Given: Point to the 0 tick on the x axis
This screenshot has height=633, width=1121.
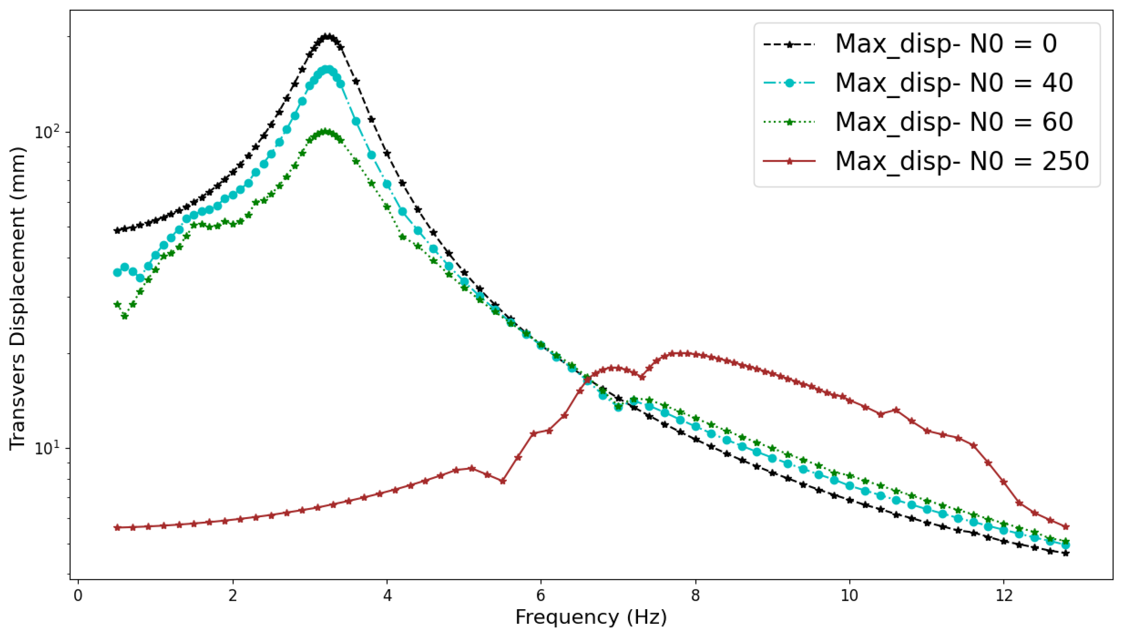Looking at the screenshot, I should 78,595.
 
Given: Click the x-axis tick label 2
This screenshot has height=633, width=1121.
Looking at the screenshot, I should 233,595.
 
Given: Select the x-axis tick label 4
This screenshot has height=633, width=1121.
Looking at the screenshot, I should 387,595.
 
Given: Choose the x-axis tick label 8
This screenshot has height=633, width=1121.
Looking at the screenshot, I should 695,595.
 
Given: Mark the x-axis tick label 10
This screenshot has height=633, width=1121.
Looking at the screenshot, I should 849,595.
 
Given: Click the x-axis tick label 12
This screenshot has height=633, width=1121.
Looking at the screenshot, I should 1003,595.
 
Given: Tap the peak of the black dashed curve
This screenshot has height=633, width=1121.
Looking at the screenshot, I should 328,36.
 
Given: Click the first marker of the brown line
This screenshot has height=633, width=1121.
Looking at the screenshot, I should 117,528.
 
